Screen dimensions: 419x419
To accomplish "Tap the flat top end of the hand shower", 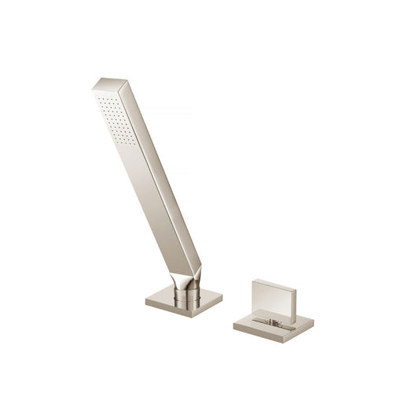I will [x=109, y=83].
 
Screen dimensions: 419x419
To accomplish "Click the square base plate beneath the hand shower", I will [x=183, y=303].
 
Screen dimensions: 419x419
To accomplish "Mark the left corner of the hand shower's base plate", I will [x=146, y=300].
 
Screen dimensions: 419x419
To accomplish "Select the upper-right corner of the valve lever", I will [x=296, y=289].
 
